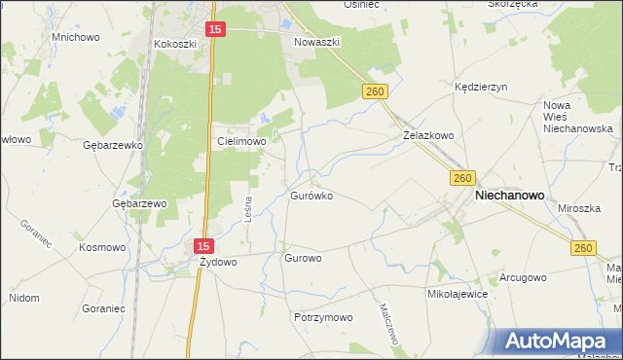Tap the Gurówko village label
click(x=311, y=196)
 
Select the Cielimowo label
click(x=241, y=141)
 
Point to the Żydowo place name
click(x=218, y=262)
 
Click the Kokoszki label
click(x=175, y=44)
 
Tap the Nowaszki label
click(x=314, y=42)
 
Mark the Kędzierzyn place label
click(x=482, y=87)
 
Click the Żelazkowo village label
click(x=429, y=136)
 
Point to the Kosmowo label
click(x=102, y=247)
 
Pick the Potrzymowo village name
click(x=322, y=318)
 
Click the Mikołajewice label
click(x=457, y=293)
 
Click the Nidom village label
click(x=24, y=297)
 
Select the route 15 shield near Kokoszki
click(x=216, y=31)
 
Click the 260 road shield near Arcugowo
click(x=583, y=250)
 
